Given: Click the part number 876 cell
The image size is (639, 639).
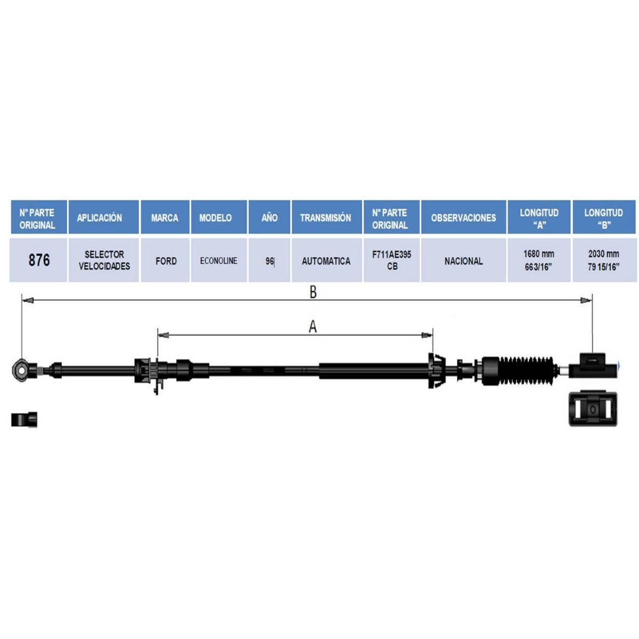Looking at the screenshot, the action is point(39,260).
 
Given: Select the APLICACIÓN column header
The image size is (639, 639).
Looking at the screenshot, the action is point(100,218).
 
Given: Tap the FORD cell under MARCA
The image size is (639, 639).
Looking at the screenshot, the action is point(166,261).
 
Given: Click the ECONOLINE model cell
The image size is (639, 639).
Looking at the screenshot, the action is point(218,260).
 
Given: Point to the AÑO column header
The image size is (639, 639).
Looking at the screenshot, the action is point(269,218).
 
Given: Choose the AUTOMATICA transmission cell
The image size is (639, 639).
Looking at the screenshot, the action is point(326,261).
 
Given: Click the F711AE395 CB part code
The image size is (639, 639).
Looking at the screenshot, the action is point(391,260).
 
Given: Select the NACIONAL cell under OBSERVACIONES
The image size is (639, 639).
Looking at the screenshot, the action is point(464,261).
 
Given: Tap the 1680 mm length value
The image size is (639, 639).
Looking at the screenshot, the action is point(539,254).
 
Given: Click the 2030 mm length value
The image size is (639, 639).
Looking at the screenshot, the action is point(603,254).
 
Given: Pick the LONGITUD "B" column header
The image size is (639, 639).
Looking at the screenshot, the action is point(603,218).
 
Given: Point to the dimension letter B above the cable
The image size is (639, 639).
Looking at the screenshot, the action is point(313,292).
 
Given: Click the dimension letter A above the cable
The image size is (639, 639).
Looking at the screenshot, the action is point(313,327).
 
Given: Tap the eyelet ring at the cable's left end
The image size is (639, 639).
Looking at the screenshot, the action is point(21,368).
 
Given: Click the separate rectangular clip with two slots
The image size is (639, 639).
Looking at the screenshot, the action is point(593,409).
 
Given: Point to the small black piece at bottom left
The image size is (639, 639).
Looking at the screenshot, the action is point(24,420).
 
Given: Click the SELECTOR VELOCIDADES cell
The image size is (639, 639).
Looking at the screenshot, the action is point(104,260).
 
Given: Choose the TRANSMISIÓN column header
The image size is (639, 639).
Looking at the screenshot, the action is point(326,218).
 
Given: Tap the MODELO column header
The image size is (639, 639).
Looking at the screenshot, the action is point(216,218).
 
